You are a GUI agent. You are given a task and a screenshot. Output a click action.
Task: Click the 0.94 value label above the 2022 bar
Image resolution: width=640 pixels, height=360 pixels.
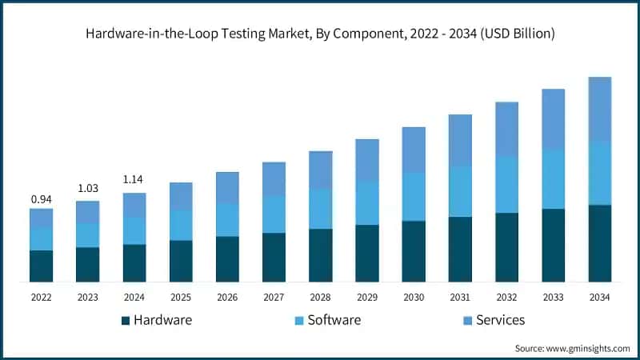[42, 199]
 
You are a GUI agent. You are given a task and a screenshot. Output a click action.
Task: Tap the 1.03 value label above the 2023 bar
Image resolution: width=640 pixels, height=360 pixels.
[88, 188]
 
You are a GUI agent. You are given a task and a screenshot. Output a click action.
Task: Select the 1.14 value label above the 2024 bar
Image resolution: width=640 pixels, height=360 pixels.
[133, 179]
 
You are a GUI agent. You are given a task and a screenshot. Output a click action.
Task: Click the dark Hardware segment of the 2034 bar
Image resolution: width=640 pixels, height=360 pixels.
[599, 243]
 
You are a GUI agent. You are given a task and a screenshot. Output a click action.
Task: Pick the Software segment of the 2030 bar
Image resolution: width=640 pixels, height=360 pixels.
[414, 197]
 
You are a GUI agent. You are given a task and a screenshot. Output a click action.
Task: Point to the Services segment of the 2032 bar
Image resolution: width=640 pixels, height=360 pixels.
[506, 129]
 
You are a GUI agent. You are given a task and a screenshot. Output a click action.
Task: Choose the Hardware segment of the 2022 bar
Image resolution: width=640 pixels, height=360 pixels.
[42, 266]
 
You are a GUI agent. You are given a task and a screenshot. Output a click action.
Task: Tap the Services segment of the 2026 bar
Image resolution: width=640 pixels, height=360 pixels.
[227, 188]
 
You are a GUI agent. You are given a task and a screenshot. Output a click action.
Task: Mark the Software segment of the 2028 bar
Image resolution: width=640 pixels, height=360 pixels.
[321, 209]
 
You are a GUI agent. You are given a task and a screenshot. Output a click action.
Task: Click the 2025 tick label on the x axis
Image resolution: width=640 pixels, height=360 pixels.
[181, 297]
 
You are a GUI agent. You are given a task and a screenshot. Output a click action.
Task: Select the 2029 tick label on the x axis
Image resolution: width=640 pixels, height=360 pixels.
[367, 297]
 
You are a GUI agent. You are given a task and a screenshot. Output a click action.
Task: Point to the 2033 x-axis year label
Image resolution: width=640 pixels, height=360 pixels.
[553, 297]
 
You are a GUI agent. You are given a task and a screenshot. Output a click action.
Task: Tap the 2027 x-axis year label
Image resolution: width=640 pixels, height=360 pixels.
[274, 297]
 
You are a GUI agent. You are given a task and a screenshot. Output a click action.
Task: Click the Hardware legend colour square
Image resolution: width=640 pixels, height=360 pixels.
[126, 321]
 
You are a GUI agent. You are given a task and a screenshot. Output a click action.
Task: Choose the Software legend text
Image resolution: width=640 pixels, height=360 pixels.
[334, 320]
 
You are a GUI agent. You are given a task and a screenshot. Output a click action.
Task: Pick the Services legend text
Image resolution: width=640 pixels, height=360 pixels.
[501, 320]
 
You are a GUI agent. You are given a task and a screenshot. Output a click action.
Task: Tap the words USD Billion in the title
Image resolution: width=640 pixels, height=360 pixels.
[517, 34]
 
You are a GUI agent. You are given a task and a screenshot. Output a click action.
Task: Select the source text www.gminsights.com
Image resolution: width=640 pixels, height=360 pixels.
[588, 349]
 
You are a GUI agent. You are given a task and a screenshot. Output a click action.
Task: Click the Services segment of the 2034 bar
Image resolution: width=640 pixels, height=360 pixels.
[599, 109]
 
